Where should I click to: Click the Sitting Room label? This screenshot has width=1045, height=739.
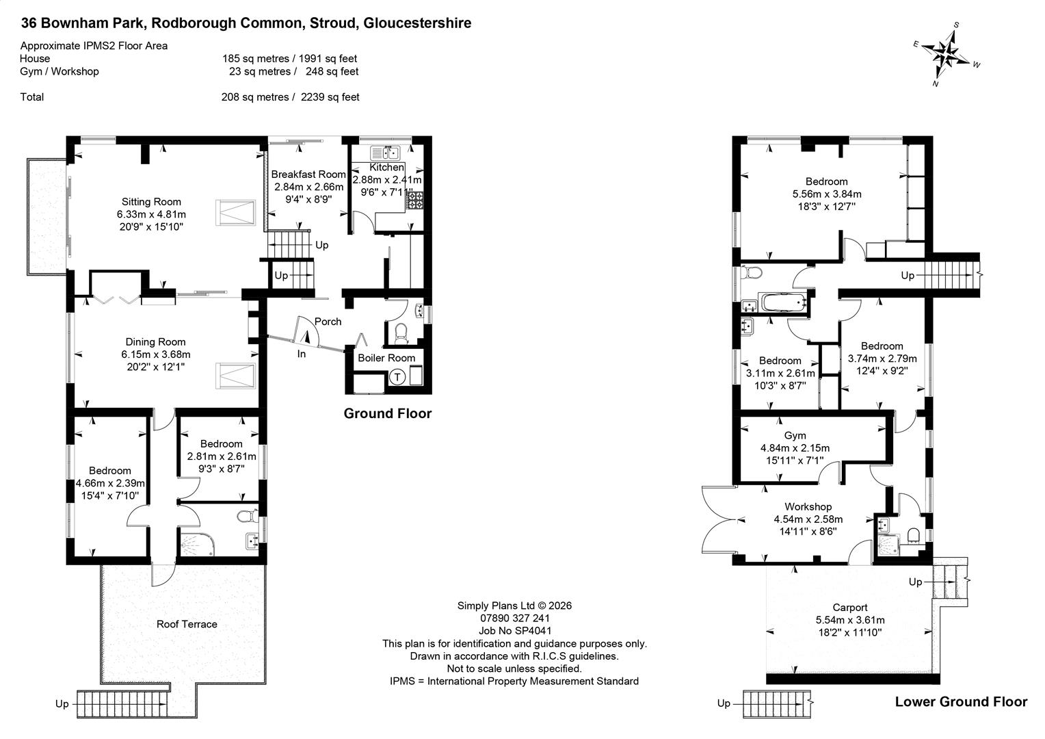(x=151, y=202)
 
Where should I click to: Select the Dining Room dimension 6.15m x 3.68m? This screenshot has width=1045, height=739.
(x=156, y=354)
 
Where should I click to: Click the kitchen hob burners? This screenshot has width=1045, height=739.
(x=415, y=200)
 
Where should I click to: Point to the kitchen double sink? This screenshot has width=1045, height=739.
(x=385, y=153)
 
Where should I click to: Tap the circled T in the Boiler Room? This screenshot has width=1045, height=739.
(x=397, y=377)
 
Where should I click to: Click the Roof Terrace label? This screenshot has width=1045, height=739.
(x=187, y=624)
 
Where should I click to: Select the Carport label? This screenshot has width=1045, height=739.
(x=850, y=608)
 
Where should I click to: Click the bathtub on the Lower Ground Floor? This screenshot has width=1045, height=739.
(x=783, y=302)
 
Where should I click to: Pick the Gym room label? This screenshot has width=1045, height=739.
(x=795, y=435)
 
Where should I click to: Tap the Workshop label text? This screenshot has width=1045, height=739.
(x=808, y=506)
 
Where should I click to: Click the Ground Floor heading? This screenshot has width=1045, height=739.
(x=388, y=413)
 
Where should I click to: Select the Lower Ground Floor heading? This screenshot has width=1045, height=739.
(x=961, y=701)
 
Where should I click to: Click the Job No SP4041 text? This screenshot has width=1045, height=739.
(x=515, y=631)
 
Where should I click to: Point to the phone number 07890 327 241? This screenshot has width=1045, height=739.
(x=515, y=618)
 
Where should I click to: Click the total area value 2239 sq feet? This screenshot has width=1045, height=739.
(x=330, y=97)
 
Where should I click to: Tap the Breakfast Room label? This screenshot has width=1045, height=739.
(x=308, y=174)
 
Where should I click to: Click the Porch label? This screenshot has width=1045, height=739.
(x=328, y=322)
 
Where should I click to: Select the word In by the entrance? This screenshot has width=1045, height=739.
(x=302, y=354)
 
